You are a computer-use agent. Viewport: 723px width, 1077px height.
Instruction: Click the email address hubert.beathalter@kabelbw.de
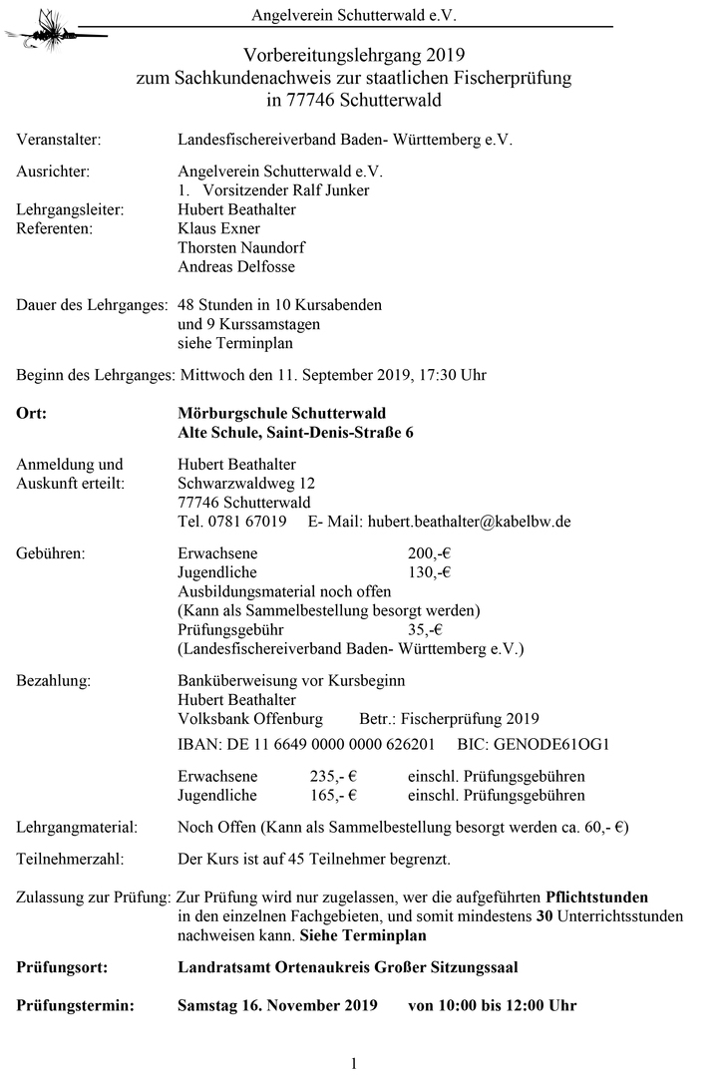[469, 521]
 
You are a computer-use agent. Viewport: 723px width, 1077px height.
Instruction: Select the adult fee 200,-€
[430, 553]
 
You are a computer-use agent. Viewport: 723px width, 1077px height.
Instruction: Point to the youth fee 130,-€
[430, 572]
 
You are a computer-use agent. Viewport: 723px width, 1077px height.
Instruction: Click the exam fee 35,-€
[426, 629]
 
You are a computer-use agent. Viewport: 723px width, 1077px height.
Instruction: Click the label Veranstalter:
[59, 141]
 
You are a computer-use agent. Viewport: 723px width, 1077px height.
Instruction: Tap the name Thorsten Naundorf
[241, 247]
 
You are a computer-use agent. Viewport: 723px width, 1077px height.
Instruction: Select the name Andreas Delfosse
[236, 266]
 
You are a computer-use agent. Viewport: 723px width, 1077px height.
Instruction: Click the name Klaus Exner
[218, 228]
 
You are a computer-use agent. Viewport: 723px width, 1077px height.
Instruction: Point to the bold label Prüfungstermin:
[74, 1005]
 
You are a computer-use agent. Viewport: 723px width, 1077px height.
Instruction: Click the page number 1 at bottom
[354, 1064]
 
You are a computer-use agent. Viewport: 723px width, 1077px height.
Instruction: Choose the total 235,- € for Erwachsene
[334, 776]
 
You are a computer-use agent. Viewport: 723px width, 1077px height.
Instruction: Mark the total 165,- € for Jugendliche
[334, 795]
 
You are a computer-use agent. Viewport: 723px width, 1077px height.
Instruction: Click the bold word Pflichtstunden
[596, 897]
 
